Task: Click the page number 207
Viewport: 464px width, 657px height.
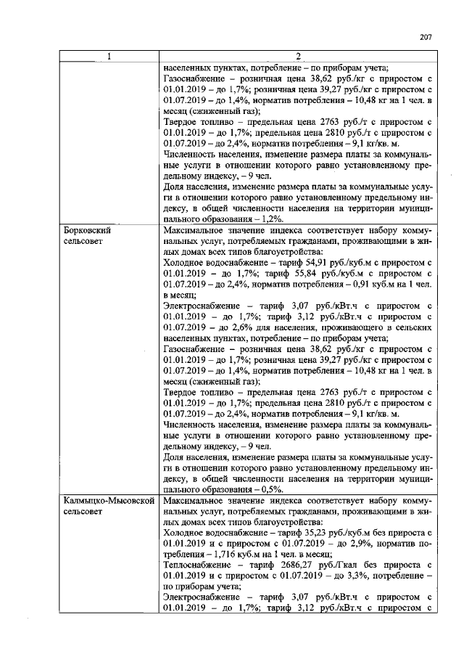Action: click(426, 38)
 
